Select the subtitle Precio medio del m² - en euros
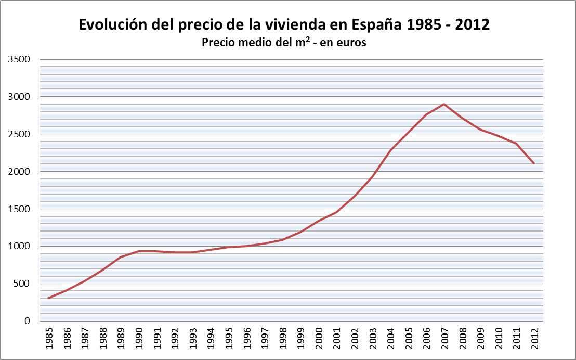(x=284, y=43)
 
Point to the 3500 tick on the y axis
(x=20, y=59)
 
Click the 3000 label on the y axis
(x=20, y=97)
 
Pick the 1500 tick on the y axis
(x=20, y=209)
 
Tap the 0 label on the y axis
(x=28, y=321)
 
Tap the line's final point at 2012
(x=534, y=163)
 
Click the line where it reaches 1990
(x=139, y=251)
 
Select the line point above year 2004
(x=390, y=150)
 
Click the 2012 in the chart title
(x=473, y=24)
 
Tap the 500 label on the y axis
(x=22, y=284)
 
